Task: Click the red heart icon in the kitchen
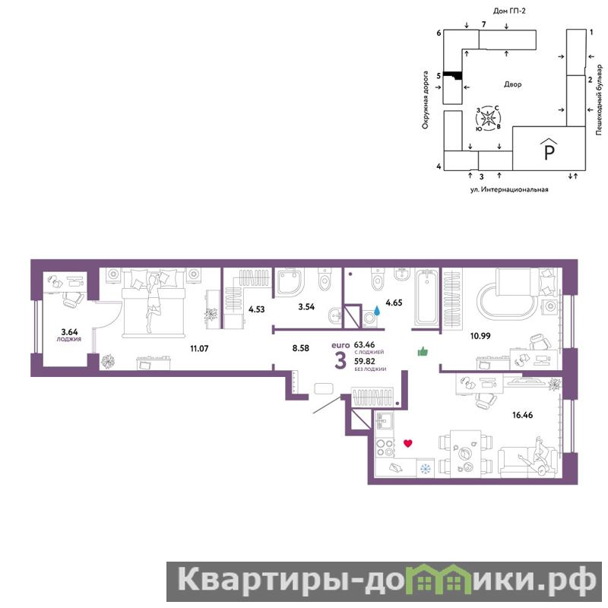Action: pyautogui.click(x=407, y=443)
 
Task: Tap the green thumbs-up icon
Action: pyautogui.click(x=423, y=351)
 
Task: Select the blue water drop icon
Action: pyautogui.click(x=377, y=310)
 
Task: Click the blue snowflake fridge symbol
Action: pyautogui.click(x=426, y=469)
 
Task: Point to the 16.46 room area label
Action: pyautogui.click(x=522, y=415)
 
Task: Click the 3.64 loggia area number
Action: pyautogui.click(x=69, y=332)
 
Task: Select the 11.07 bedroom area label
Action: pyautogui.click(x=199, y=349)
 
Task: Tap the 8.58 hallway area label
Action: pyautogui.click(x=300, y=348)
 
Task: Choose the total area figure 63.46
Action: pyautogui.click(x=365, y=344)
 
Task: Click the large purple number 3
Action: pyautogui.click(x=340, y=361)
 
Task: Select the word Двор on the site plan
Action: pyautogui.click(x=512, y=84)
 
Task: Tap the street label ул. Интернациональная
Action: pyautogui.click(x=509, y=189)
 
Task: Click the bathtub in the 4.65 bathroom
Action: pyautogui.click(x=426, y=298)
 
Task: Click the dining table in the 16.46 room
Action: pyautogui.click(x=466, y=454)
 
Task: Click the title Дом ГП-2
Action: pyautogui.click(x=509, y=11)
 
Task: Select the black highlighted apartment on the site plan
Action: pyautogui.click(x=452, y=74)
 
